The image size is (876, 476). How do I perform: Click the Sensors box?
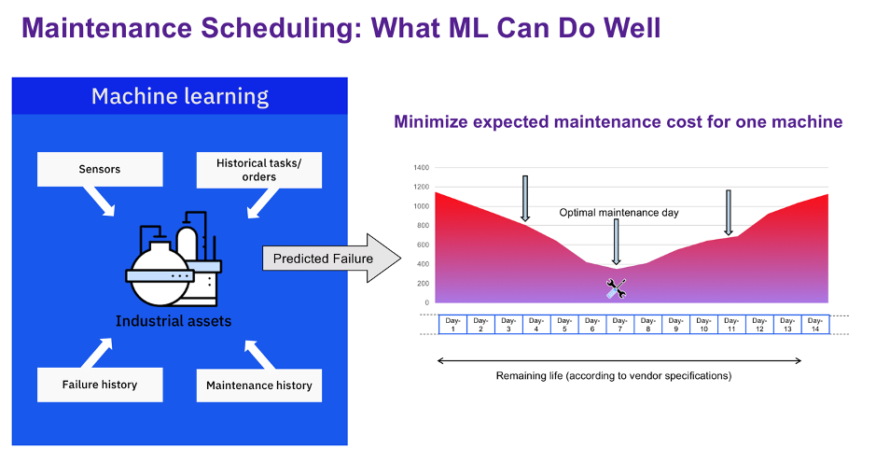[x=100, y=169]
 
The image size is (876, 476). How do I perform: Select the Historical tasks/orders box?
[x=259, y=170]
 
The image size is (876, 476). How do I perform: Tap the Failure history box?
[x=100, y=385]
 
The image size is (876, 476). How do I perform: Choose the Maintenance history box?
[x=259, y=385]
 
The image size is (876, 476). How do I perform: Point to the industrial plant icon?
[x=174, y=259]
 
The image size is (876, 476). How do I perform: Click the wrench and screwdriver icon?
[x=617, y=288]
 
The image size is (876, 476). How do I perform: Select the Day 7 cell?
[x=619, y=325]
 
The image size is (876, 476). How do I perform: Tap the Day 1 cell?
[x=453, y=325]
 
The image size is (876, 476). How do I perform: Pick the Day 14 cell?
[x=815, y=325]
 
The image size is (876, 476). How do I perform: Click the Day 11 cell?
[x=731, y=325]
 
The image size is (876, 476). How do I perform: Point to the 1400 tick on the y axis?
[x=422, y=168]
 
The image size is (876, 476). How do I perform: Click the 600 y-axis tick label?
[x=423, y=245]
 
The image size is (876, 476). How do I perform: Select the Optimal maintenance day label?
[x=619, y=213]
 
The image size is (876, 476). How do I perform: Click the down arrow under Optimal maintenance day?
[x=617, y=242]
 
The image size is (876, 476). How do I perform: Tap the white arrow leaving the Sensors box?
[x=100, y=201]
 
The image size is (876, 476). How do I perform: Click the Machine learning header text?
[x=180, y=97]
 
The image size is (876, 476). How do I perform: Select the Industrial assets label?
[x=174, y=321]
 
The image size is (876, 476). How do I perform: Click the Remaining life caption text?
[x=614, y=376]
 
